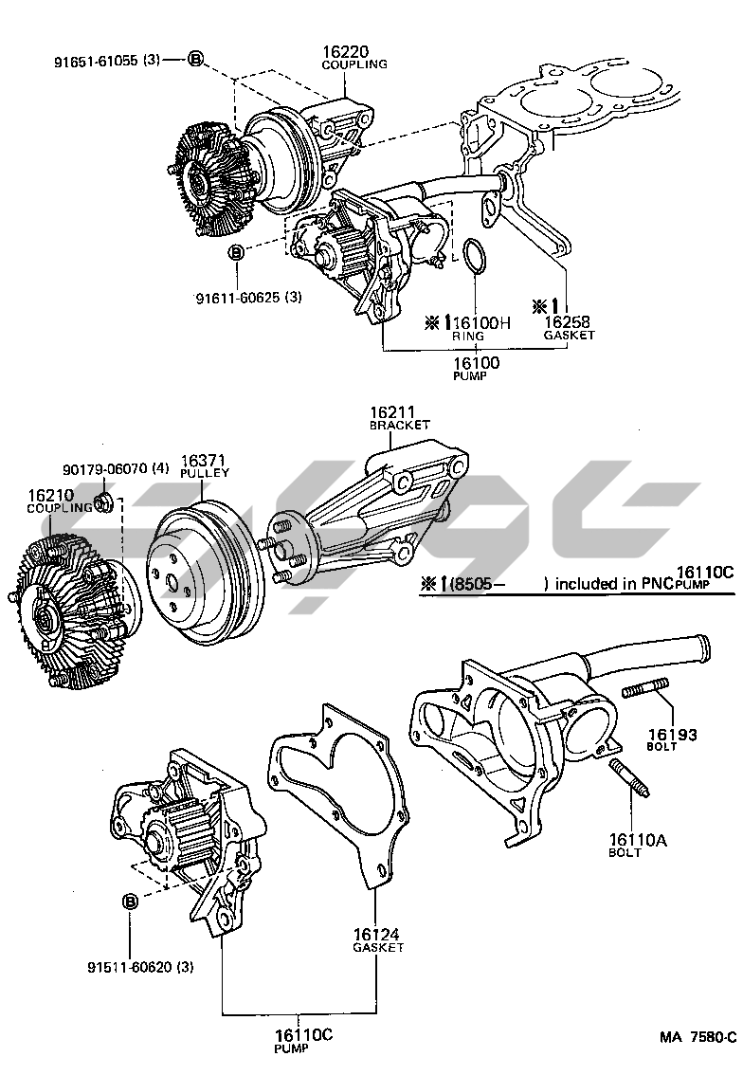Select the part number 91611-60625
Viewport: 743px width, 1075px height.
click(241, 298)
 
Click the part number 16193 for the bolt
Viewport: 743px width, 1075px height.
click(673, 734)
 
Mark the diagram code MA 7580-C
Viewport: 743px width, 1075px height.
click(698, 1036)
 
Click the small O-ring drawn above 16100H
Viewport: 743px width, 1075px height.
click(476, 256)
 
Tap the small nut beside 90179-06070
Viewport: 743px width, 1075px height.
click(106, 500)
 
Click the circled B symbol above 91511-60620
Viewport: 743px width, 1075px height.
click(130, 901)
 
